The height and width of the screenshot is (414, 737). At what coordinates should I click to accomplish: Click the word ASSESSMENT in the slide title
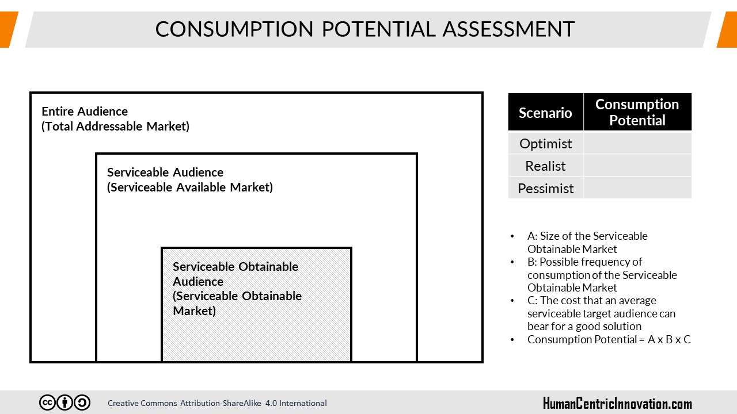[508, 29]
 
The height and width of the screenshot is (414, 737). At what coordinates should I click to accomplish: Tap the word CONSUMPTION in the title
[234, 29]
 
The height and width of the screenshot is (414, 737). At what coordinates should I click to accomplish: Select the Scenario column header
[545, 112]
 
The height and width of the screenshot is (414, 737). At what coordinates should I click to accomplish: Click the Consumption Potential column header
[637, 112]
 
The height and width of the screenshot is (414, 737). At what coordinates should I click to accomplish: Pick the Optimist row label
[545, 144]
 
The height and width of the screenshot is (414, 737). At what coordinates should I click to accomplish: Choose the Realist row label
[545, 166]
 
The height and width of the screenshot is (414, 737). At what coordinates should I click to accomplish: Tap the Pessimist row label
[545, 188]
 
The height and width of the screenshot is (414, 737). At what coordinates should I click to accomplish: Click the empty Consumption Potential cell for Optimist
[637, 143]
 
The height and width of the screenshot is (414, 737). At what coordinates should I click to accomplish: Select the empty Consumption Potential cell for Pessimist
[637, 187]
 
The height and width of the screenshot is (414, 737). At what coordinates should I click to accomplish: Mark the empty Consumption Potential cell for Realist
[637, 165]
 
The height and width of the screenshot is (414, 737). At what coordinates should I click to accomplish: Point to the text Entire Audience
[85, 112]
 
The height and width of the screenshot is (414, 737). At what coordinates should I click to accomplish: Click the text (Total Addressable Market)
[116, 126]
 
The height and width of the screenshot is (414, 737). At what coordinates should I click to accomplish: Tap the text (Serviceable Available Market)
[190, 187]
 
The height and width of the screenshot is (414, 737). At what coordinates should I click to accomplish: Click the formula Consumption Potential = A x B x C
[609, 339]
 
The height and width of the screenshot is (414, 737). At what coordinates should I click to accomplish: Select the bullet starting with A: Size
[587, 243]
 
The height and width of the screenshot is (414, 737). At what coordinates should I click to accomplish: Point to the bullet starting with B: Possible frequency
[602, 275]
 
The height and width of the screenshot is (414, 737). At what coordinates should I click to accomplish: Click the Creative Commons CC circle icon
[47, 402]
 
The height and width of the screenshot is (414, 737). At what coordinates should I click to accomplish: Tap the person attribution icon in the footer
[65, 402]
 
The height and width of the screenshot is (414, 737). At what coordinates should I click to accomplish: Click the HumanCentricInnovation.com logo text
[617, 404]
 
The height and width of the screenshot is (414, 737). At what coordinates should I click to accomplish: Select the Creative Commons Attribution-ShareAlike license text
[217, 403]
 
